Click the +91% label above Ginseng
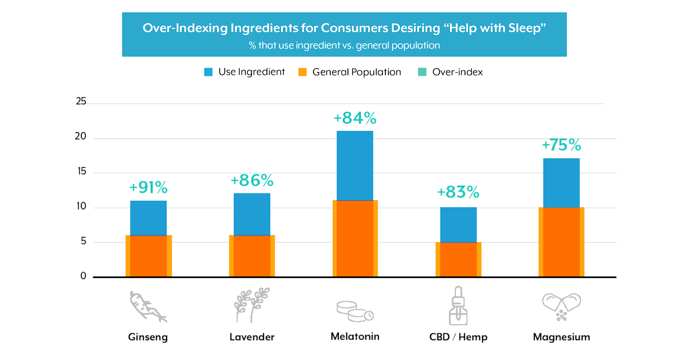[x=149, y=187]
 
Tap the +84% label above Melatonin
[x=355, y=118]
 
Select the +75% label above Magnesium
[x=561, y=145]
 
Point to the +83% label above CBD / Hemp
[x=458, y=192]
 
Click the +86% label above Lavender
[x=252, y=180]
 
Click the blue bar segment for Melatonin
[x=355, y=165]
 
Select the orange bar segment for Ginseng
[x=149, y=256]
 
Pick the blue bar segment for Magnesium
[x=561, y=183]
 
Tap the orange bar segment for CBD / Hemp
[x=458, y=259]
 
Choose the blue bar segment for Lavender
[x=252, y=214]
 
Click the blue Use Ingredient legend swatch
[x=208, y=72]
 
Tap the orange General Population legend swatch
[x=303, y=72]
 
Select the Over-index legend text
[x=457, y=72]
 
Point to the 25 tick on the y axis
[x=81, y=101]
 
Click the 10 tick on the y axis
[x=81, y=206]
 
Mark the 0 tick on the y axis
[x=83, y=276]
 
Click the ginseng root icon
[x=148, y=307]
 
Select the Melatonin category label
[x=355, y=336]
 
